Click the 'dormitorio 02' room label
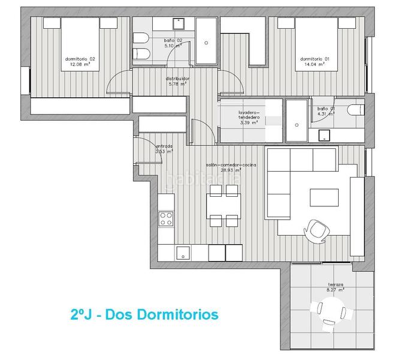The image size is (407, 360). pos(80,59)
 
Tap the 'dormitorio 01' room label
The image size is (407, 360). pos(315,59)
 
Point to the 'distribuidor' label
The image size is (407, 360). pos(178,78)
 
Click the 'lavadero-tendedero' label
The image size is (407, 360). pos(248,114)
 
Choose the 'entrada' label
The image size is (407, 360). pos(164,146)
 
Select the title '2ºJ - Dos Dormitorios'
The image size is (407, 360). pos(144,314)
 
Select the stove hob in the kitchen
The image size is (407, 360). pos(166,218)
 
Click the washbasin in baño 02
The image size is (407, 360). pos(178,23)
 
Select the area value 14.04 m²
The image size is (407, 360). pos(315,64)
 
